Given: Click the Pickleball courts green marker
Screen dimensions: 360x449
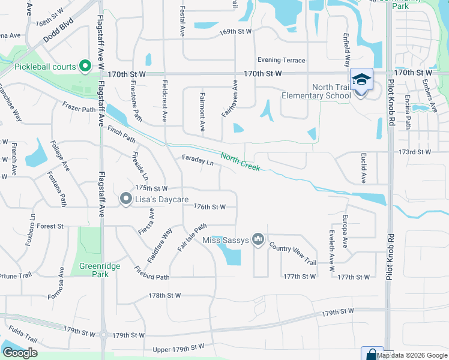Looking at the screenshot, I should (x=85, y=66).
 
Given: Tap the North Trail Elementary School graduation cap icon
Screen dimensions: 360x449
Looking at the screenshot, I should (x=361, y=80).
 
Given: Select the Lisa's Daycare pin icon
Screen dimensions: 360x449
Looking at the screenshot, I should (x=125, y=198).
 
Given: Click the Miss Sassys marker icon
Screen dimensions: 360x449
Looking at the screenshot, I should (x=258, y=240).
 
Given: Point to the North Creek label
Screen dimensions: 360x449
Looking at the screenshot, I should (x=240, y=161).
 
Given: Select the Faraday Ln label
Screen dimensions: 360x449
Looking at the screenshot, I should (x=197, y=161).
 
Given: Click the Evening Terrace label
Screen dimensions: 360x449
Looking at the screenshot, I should (x=281, y=60).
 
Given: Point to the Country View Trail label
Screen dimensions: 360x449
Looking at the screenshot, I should (x=292, y=254).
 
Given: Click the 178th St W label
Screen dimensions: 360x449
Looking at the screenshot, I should (x=165, y=296).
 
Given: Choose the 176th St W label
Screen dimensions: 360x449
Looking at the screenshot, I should (x=209, y=207).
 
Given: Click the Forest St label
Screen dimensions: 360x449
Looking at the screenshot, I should (x=50, y=226).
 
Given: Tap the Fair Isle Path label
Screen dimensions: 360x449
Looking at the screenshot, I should (x=191, y=238).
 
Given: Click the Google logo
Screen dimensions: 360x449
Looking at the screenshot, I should (x=20, y=353).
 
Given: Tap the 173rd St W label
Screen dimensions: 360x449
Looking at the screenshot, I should (x=414, y=152).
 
